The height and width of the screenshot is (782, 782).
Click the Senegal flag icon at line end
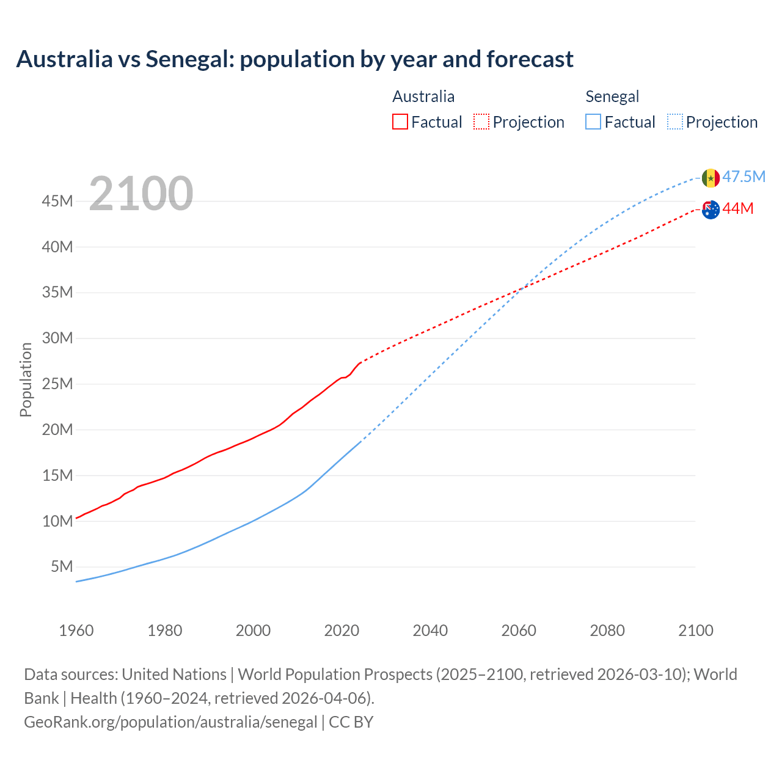click(711, 178)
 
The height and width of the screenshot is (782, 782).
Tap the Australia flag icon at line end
click(711, 210)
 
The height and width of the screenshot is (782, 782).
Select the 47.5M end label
click(744, 177)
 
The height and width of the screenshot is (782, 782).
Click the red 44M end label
click(738, 209)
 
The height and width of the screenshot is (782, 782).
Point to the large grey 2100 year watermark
click(141, 194)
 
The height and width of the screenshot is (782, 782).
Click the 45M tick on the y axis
click(57, 201)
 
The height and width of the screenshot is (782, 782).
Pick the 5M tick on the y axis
click(62, 566)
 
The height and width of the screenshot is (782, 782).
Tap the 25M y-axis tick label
click(57, 384)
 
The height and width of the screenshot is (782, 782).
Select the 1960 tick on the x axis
click(76, 630)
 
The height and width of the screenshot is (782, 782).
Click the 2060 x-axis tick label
click(519, 630)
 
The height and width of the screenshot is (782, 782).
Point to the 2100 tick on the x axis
click(695, 630)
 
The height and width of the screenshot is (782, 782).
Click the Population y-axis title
click(26, 379)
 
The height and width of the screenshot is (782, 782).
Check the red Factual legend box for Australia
click(400, 122)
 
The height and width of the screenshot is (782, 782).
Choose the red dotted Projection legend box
click(481, 122)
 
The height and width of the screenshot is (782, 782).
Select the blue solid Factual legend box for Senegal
click(593, 122)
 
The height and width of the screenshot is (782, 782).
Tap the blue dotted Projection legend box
click(675, 122)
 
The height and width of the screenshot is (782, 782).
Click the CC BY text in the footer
click(351, 722)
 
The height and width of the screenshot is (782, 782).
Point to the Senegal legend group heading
click(612, 97)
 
